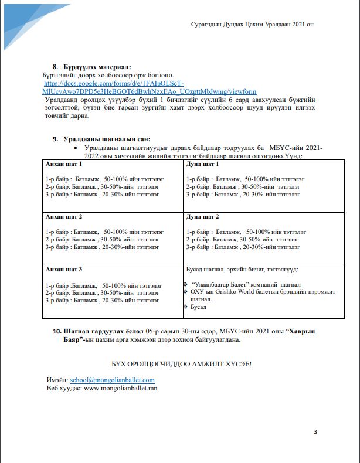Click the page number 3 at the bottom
315,433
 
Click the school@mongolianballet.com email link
112,380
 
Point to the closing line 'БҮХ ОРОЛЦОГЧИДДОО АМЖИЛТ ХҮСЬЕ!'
181,364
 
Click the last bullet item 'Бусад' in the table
198,307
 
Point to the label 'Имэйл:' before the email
57,380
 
